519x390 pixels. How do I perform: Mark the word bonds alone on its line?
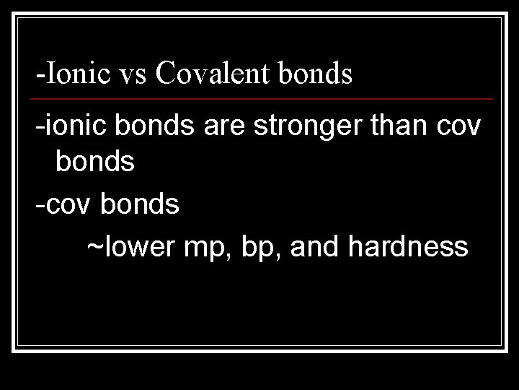[95, 162]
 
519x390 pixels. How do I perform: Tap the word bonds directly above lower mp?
[140, 206]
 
